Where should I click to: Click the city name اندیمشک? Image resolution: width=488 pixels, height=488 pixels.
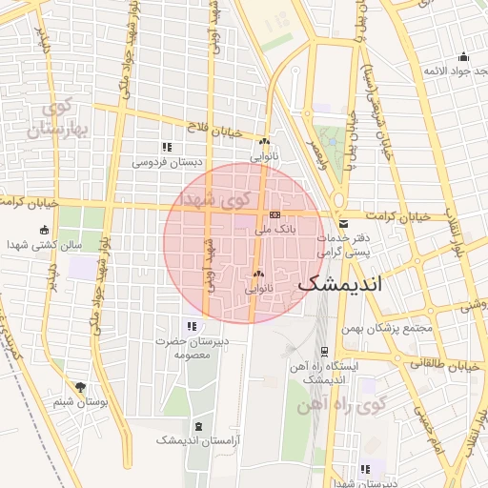coord(339,284)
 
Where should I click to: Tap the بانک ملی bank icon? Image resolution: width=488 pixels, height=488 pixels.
coord(274,214)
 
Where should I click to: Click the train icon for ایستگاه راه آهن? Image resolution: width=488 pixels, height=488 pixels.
coord(324,351)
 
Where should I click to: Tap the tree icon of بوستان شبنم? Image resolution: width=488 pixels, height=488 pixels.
coord(80,387)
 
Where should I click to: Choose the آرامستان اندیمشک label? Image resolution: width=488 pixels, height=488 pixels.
coord(196,440)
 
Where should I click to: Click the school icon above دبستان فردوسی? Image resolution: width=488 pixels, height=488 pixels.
coord(167,147)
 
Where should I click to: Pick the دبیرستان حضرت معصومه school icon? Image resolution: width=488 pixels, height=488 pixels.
coord(192,326)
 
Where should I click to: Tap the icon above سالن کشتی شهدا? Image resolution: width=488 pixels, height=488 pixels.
coord(44,230)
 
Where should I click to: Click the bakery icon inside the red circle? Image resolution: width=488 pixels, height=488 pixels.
coord(257,273)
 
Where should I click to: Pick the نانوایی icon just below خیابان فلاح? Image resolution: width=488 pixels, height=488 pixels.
coord(264,141)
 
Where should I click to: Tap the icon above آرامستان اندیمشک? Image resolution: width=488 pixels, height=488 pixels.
coord(197,425)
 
